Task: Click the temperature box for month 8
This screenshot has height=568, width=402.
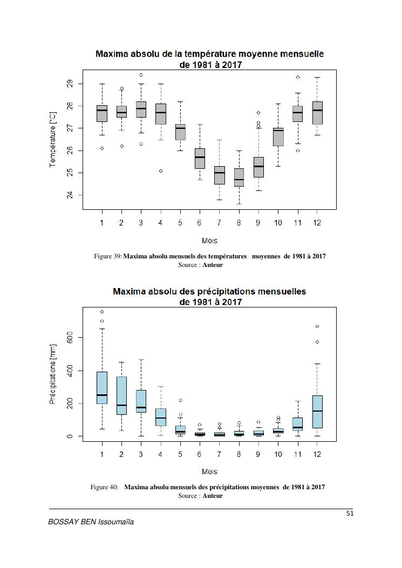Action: click(x=239, y=177)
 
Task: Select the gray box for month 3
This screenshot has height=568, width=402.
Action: click(x=141, y=110)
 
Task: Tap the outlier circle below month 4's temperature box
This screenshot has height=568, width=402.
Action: click(x=160, y=171)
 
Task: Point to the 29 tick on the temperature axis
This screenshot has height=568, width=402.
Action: click(x=70, y=84)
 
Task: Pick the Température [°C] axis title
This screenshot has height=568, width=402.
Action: click(x=53, y=139)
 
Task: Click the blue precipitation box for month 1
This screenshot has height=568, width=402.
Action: click(x=102, y=388)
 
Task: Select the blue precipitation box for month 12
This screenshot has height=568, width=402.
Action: click(x=317, y=412)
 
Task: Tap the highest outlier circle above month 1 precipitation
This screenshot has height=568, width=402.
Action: click(x=102, y=312)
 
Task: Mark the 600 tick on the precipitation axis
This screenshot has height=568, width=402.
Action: click(x=70, y=338)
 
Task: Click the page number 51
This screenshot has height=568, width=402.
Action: click(x=350, y=514)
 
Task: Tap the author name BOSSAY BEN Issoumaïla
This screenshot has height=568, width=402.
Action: click(x=91, y=522)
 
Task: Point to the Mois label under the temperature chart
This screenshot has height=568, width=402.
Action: click(x=209, y=241)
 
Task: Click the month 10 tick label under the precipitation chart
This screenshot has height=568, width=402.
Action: click(x=278, y=454)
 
